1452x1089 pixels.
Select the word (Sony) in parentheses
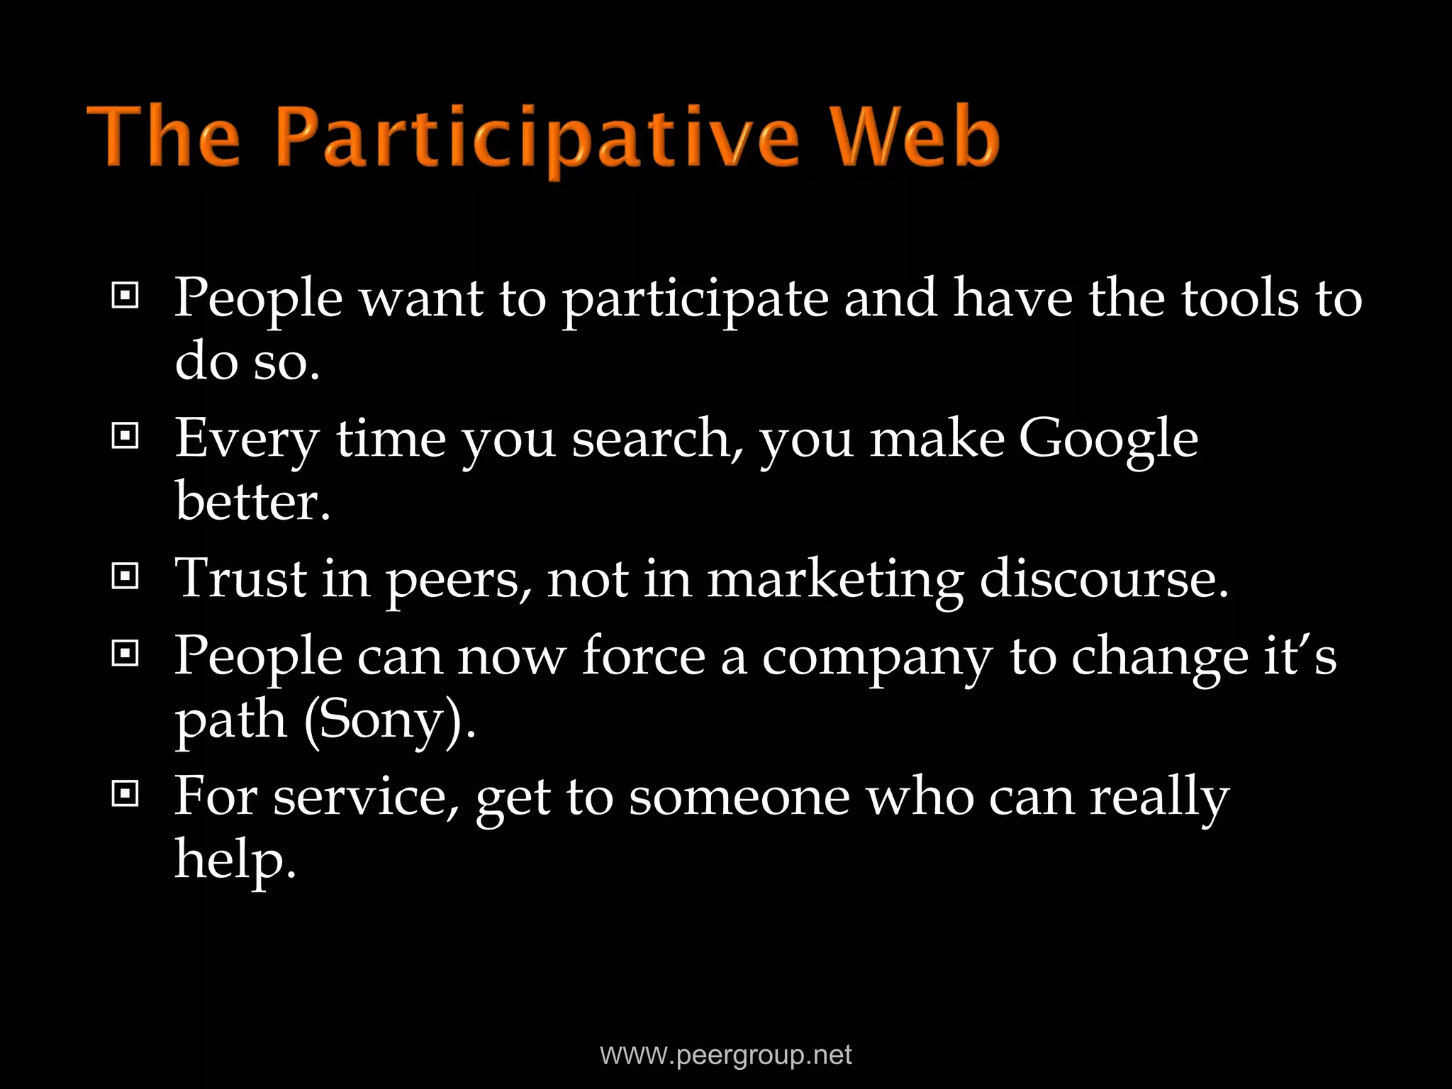coord(389,720)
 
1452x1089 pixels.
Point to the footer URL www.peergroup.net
coord(726,1054)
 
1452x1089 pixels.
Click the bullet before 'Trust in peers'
coord(125,577)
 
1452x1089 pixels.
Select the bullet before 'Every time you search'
coord(125,437)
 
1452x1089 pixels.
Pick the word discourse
coord(1103,579)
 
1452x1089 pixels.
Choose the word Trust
coord(241,579)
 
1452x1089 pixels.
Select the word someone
coord(739,797)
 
